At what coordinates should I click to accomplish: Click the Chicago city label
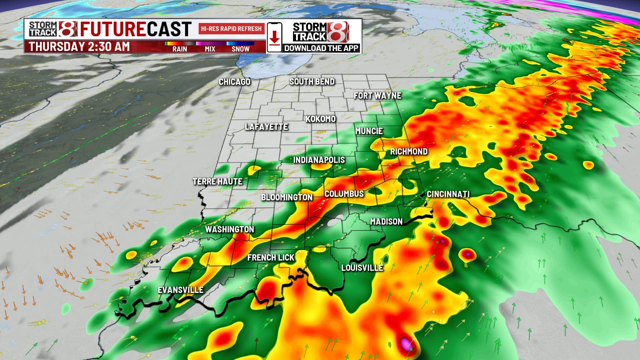pyautogui.click(x=234, y=82)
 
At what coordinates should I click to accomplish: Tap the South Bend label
pyautogui.click(x=312, y=82)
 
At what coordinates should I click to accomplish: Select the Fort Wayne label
pyautogui.click(x=377, y=96)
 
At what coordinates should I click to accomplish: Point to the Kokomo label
pyautogui.click(x=320, y=119)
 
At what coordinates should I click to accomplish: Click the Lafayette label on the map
pyautogui.click(x=266, y=127)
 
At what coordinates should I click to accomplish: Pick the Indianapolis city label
pyautogui.click(x=319, y=160)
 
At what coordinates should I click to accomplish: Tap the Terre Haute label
pyautogui.click(x=217, y=182)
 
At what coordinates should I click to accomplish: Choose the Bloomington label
pyautogui.click(x=287, y=197)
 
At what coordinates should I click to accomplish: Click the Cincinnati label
pyautogui.click(x=448, y=194)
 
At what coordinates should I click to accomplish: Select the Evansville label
pyautogui.click(x=180, y=290)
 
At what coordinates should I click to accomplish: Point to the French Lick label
pyautogui.click(x=271, y=258)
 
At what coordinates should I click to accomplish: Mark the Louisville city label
pyautogui.click(x=362, y=268)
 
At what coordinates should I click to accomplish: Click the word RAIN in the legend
pyautogui.click(x=180, y=49)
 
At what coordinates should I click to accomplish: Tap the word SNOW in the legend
pyautogui.click(x=240, y=49)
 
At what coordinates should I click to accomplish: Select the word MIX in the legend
pyautogui.click(x=210, y=49)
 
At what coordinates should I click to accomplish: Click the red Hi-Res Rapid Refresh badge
pyautogui.click(x=231, y=29)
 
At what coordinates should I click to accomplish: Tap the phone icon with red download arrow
pyautogui.click(x=274, y=37)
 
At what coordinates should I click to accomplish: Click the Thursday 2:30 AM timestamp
pyautogui.click(x=79, y=47)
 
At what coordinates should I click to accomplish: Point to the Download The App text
pyautogui.click(x=321, y=48)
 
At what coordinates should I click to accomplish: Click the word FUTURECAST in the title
pyautogui.click(x=136, y=29)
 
